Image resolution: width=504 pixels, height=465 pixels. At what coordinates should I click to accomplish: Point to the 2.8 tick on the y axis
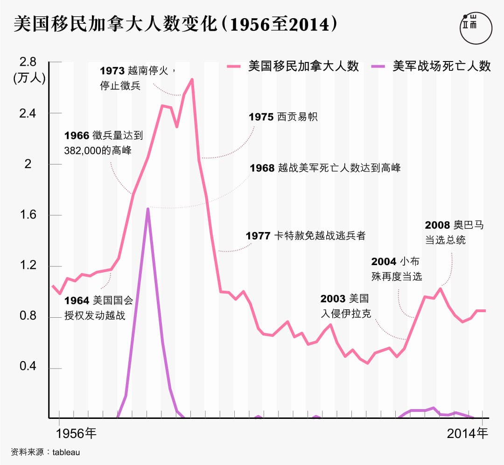pyautogui.click(x=28, y=62)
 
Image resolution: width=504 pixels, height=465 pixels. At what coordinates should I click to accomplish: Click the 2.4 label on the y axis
pyautogui.click(x=28, y=113)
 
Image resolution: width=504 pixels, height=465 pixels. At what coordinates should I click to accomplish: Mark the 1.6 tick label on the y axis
pyautogui.click(x=28, y=215)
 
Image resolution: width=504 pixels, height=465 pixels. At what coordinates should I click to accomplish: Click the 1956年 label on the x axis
pyautogui.click(x=76, y=433)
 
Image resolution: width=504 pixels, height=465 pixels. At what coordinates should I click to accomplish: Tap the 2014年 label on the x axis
pyautogui.click(x=467, y=433)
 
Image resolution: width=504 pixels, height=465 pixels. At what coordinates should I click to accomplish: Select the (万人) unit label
pyautogui.click(x=29, y=78)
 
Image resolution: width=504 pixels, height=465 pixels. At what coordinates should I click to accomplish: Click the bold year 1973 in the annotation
pyautogui.click(x=112, y=71)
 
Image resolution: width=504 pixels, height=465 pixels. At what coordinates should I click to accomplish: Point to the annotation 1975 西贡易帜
pyautogui.click(x=283, y=117)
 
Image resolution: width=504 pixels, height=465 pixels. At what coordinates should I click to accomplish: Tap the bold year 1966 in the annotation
pyautogui.click(x=77, y=136)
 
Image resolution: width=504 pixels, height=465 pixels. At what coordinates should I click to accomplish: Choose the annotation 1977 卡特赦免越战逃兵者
pyautogui.click(x=305, y=236)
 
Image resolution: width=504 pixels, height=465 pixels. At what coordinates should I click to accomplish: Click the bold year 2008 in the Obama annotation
pyautogui.click(x=437, y=226)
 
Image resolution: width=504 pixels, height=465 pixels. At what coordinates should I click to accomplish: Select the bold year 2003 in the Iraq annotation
pyautogui.click(x=333, y=299)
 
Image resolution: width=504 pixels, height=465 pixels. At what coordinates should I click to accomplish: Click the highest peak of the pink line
pyautogui.click(x=192, y=80)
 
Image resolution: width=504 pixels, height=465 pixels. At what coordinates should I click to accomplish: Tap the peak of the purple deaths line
pyautogui.click(x=148, y=209)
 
